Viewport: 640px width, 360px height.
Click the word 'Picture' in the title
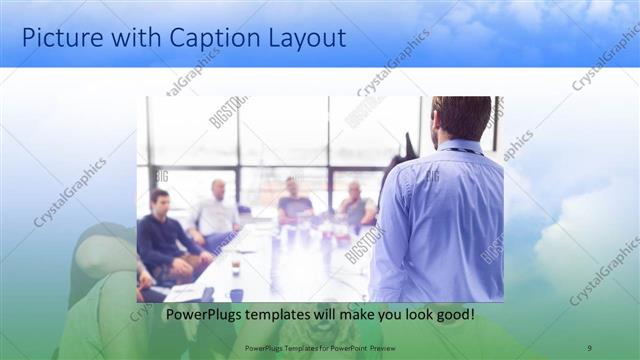click(62, 38)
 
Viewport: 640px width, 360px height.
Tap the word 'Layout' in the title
click(308, 38)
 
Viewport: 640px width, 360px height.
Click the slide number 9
click(588, 347)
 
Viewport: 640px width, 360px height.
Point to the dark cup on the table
click(236, 268)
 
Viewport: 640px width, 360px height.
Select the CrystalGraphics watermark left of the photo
click(70, 192)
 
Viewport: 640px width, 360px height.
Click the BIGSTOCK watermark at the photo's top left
click(227, 112)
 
